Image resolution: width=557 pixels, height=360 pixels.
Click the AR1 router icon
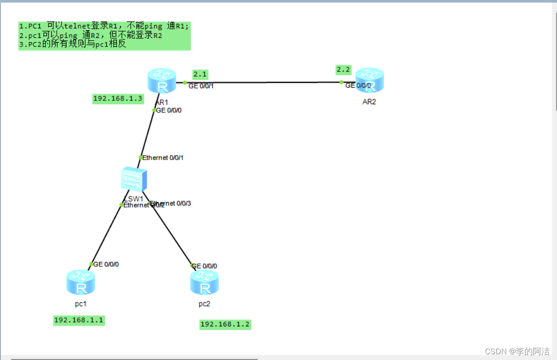pos(162,81)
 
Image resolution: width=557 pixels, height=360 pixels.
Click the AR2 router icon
pos(370,81)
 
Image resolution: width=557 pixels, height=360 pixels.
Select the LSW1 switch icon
pos(134,180)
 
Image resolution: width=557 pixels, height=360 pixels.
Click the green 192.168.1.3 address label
pos(118,99)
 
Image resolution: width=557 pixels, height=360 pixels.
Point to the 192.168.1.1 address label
pos(79,320)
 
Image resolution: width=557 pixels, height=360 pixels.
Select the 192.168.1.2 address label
pos(225,324)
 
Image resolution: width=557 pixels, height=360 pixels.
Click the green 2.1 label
pos(200,74)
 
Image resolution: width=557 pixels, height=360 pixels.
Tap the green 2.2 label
pos(343,70)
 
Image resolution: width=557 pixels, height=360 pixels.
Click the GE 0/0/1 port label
pos(201,86)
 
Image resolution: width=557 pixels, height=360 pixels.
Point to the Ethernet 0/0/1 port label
pos(163,158)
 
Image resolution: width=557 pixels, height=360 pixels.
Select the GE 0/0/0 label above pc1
pos(106,264)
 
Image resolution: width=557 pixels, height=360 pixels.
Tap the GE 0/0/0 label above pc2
pos(205,266)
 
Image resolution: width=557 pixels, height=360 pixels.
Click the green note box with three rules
pos(104,36)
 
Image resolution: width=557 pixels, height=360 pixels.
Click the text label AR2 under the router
pos(369,102)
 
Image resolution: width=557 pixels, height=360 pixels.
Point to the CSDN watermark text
pos(518,351)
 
